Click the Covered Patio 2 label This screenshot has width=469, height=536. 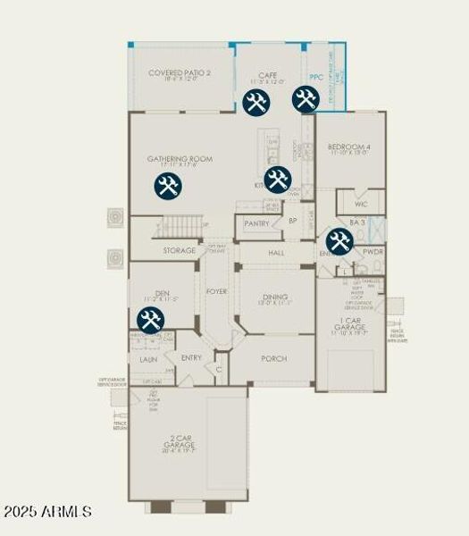pos(180,73)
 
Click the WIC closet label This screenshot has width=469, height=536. pos(361,205)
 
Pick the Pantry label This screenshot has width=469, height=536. pos(256,223)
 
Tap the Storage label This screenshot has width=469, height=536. pos(179,251)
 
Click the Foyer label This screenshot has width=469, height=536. pos(216,291)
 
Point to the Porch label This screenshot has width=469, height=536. pos(273,358)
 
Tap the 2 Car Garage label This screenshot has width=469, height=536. pos(180,440)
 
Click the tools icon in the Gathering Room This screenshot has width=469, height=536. pos(167,186)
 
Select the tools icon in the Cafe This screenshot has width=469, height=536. pos(256,102)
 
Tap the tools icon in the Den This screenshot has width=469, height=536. pos(150,320)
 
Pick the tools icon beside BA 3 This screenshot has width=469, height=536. pos(339,241)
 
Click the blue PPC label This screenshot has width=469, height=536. pos(315,78)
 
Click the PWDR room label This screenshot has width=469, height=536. pos(373,252)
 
